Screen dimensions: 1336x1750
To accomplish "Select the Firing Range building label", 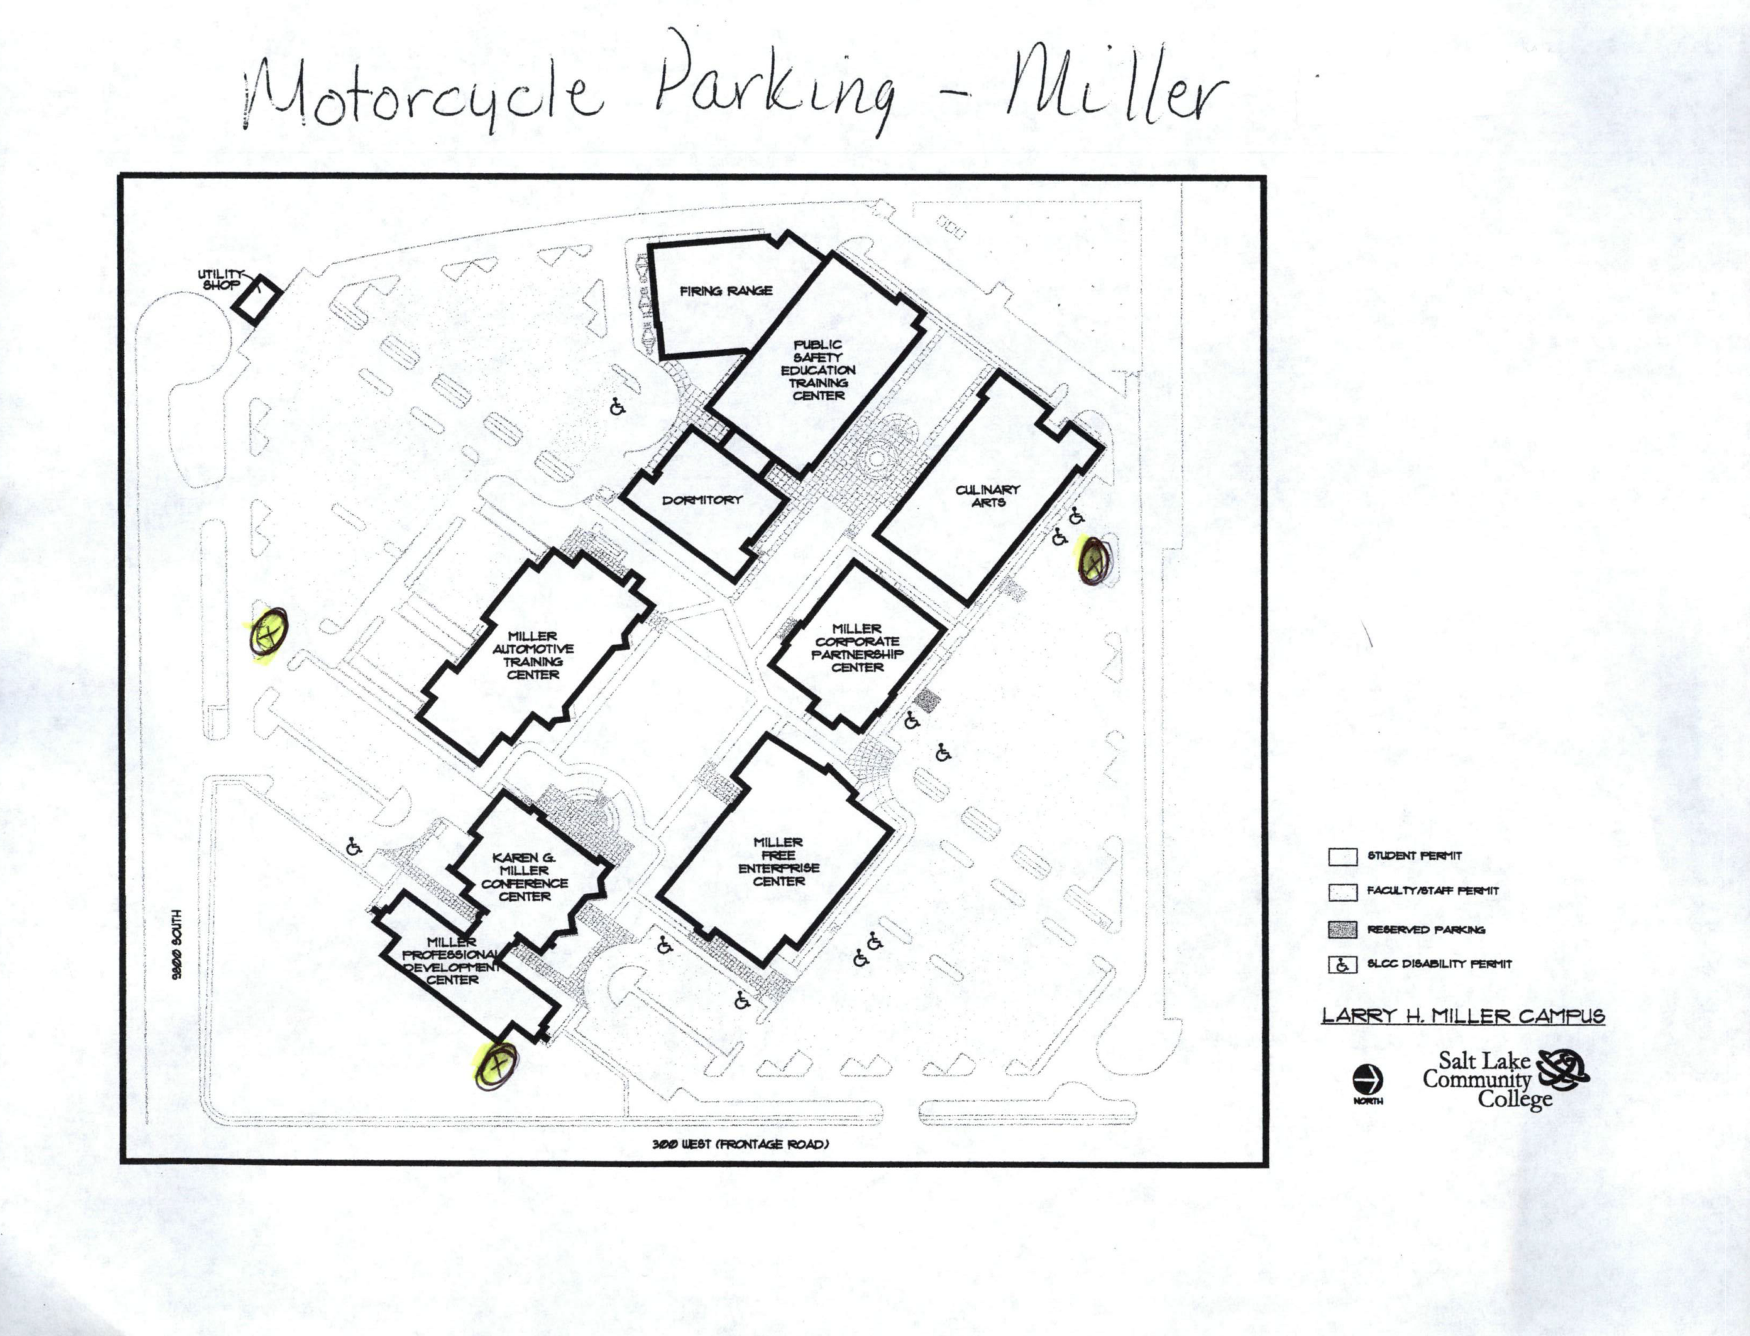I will pos(725,291).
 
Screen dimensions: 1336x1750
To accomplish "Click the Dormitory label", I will pos(701,500).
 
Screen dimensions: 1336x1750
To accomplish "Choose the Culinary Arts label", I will pos(987,495).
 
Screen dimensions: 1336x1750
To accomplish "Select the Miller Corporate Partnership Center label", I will pos(857,648).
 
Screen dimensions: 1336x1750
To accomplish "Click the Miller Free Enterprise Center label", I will pos(779,861).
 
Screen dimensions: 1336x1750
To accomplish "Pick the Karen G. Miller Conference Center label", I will pos(525,877).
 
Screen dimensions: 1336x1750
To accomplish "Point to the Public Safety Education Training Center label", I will pos(818,370).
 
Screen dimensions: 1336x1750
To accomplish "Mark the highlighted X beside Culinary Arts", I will pos(1094,562).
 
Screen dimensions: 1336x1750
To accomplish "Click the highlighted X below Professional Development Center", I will pos(496,1065).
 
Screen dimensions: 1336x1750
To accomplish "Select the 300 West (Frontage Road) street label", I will pos(740,1145).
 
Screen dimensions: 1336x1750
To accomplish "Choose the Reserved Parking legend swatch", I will pos(1342,929).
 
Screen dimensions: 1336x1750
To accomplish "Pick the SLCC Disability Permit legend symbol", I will pos(1342,965).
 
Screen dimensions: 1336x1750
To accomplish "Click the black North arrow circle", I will pos(1367,1080).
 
